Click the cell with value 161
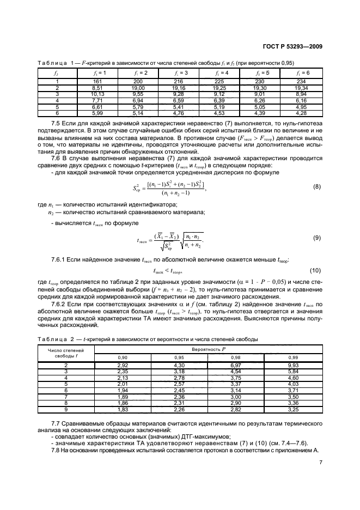(99, 82)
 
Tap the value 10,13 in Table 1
(99, 93)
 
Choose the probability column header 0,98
(237, 357)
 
